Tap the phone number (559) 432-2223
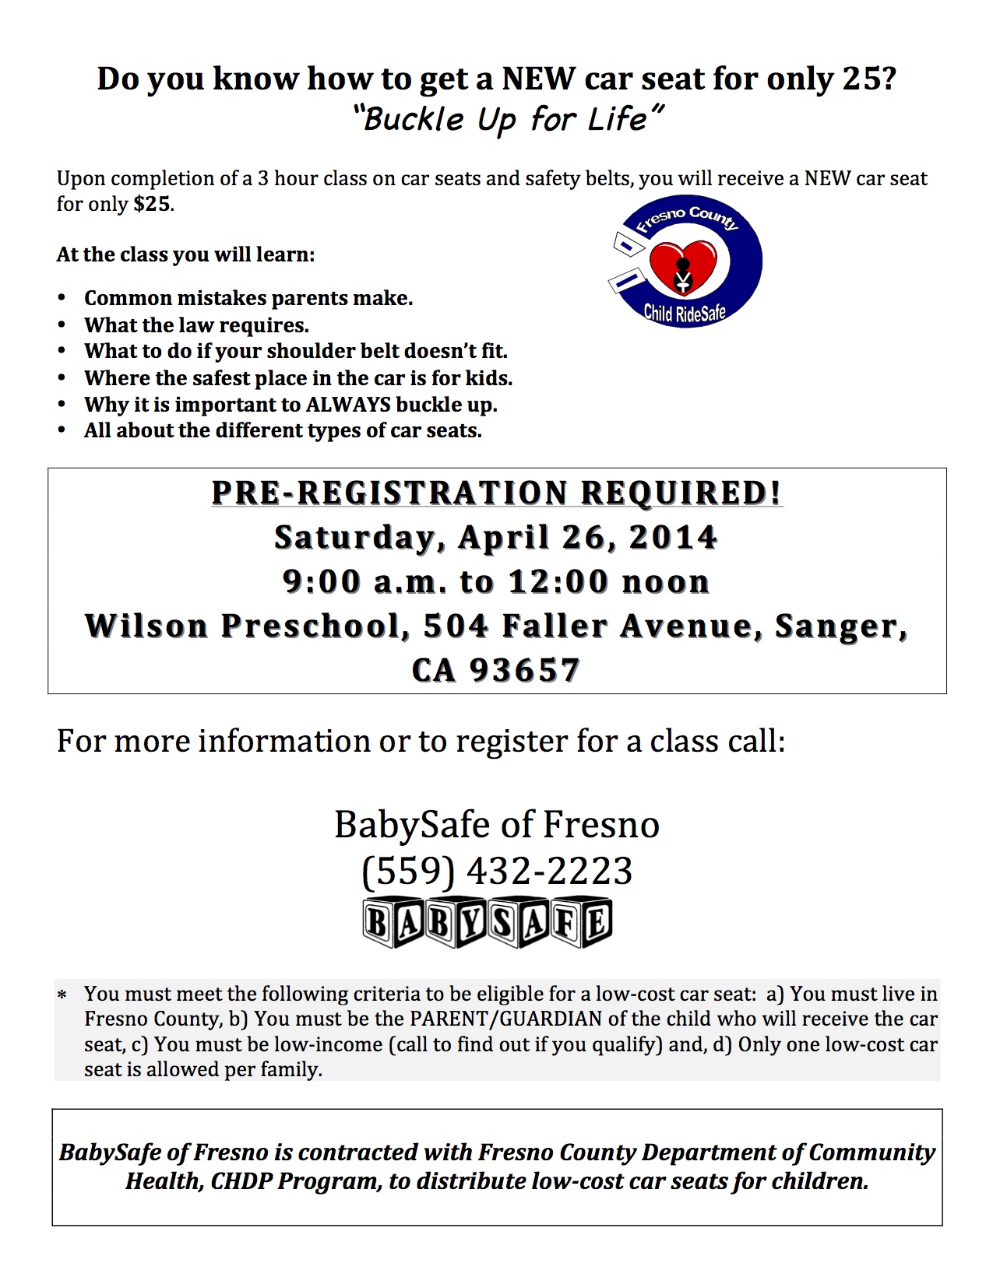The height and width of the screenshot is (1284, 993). [497, 871]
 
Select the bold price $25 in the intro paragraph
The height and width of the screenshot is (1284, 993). [152, 204]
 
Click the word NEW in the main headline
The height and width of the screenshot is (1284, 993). [539, 79]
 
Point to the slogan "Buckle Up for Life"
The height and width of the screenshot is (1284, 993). [508, 119]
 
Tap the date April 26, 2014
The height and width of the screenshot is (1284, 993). [587, 538]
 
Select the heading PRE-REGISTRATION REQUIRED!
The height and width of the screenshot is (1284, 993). [497, 493]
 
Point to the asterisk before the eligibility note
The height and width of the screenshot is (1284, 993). [62, 995]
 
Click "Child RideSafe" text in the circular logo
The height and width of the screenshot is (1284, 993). [685, 313]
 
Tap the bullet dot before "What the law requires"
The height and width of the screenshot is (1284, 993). [62, 325]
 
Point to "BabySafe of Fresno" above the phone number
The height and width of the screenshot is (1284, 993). [497, 825]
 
